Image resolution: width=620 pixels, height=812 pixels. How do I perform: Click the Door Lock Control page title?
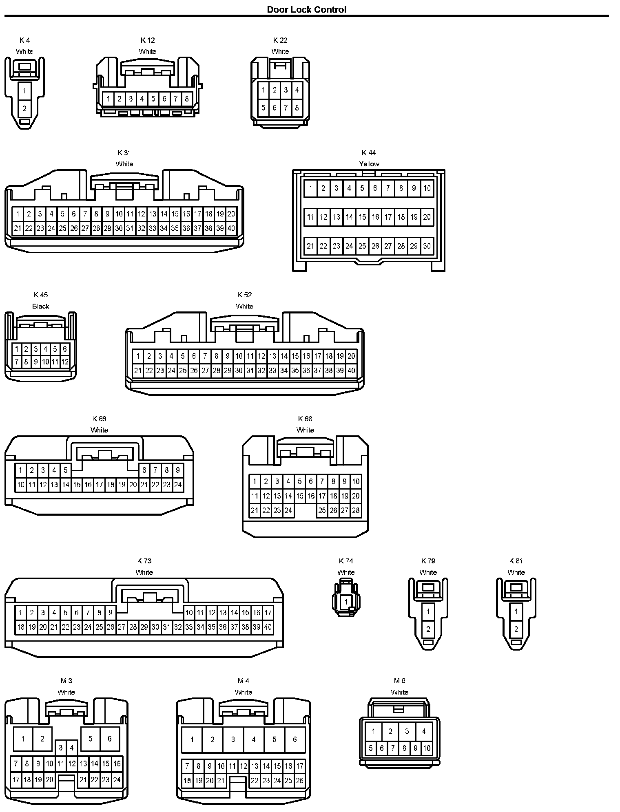[x=306, y=9]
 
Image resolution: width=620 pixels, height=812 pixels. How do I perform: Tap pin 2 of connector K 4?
[x=24, y=108]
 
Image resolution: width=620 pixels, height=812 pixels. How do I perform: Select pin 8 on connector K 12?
[x=186, y=98]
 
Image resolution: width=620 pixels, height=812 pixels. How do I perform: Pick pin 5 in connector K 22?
[x=263, y=108]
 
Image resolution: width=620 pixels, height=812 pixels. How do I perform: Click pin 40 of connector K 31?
[x=231, y=228]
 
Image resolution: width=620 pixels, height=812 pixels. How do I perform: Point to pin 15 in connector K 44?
[x=362, y=217]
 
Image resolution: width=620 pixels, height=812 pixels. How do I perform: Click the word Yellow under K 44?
[x=369, y=164]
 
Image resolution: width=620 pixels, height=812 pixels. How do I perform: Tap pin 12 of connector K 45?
[x=65, y=361]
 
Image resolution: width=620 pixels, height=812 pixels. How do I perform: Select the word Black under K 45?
[x=40, y=306]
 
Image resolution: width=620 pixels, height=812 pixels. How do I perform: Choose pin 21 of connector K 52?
[x=138, y=371]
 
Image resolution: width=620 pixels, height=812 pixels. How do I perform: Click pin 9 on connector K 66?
[x=178, y=470]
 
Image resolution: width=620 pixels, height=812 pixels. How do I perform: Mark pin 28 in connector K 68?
[x=356, y=510]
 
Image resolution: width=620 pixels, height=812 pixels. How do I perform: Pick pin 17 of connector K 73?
[x=268, y=612]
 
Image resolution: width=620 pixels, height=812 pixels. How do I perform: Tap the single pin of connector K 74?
[x=346, y=602]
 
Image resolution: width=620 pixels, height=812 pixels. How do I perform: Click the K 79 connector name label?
[x=428, y=561]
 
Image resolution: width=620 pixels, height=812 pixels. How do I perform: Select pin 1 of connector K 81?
[x=516, y=611]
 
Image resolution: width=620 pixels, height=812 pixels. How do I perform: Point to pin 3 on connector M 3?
[x=60, y=748]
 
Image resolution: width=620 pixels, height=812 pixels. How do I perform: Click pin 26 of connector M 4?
[x=299, y=781]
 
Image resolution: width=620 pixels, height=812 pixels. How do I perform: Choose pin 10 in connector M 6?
[x=427, y=748]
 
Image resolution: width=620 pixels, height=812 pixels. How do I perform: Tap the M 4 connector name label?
[x=243, y=681]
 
